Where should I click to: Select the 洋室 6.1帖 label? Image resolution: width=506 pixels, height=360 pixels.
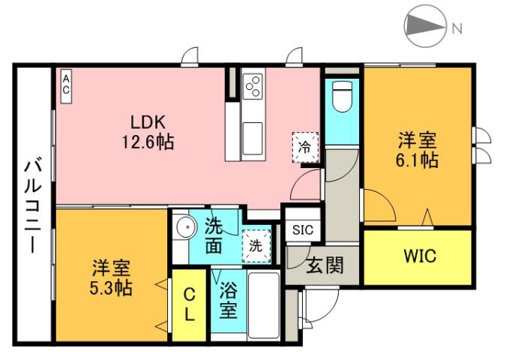418,150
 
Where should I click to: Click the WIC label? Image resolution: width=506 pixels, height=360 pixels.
420,256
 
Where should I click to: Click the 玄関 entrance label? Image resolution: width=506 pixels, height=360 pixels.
324,265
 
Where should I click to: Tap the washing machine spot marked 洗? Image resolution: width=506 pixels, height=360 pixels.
256,244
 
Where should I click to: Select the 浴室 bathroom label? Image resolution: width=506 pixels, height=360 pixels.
229,299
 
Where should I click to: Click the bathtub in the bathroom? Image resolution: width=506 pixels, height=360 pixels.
262,304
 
